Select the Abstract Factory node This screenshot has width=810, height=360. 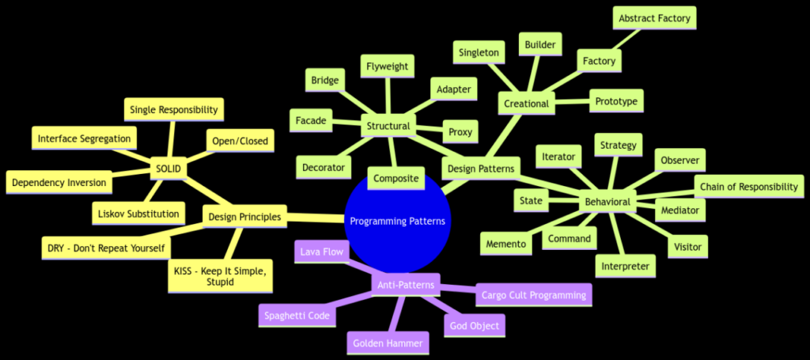654,18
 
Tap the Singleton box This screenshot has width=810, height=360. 479,52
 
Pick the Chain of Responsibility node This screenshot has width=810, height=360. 748,187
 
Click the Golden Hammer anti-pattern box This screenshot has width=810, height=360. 388,343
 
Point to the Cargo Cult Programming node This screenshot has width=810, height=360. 533,295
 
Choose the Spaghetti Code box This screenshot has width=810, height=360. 297,315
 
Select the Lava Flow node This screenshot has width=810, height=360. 319,252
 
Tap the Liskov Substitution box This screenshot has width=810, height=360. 138,213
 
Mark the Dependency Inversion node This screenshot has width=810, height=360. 59,182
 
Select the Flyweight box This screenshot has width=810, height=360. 387,66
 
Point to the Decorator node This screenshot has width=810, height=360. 324,167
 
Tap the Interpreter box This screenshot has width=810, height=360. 625,266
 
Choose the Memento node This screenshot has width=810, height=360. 505,244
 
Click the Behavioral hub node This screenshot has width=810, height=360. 607,202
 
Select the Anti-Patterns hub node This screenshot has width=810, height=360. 405,282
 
